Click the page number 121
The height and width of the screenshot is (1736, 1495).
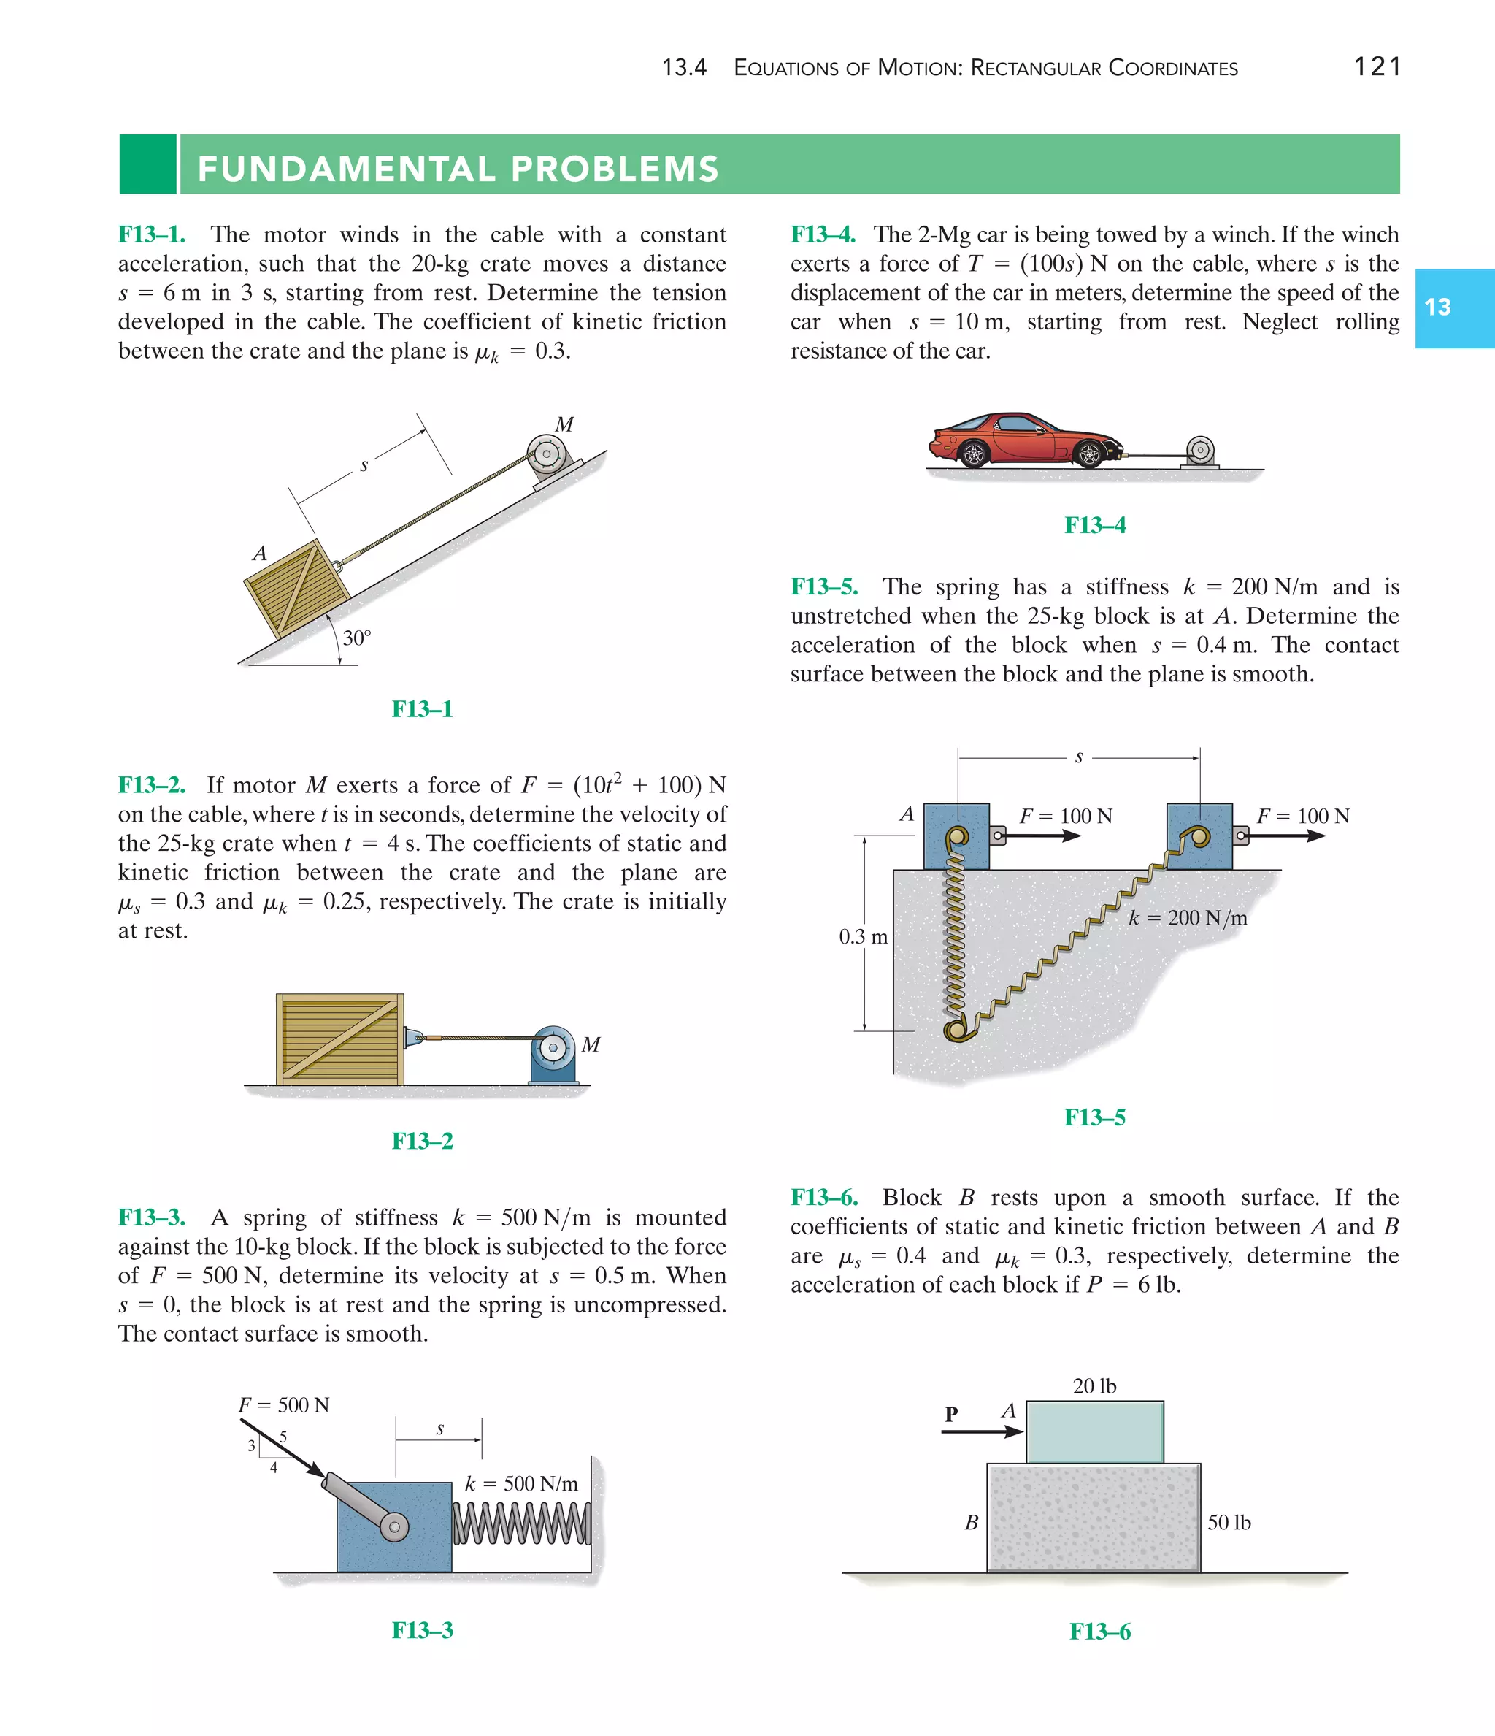[1377, 66]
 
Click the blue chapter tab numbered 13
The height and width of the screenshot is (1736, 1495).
[1453, 307]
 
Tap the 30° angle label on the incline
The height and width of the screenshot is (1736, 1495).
[357, 638]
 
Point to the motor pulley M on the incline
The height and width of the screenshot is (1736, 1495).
[547, 454]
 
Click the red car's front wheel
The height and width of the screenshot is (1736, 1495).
[1090, 454]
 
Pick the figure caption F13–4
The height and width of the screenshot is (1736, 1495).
[1095, 525]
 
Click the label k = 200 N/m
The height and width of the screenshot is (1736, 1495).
[1188, 917]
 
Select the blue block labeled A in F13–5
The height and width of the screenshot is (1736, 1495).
[956, 836]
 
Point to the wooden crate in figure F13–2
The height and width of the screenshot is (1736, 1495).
[340, 1039]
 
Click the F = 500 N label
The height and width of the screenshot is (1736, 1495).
[283, 1405]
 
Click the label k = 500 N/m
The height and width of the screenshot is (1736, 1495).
[521, 1484]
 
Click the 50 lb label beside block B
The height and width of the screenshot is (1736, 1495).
[1229, 1522]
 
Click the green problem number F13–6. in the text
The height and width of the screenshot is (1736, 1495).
[824, 1197]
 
